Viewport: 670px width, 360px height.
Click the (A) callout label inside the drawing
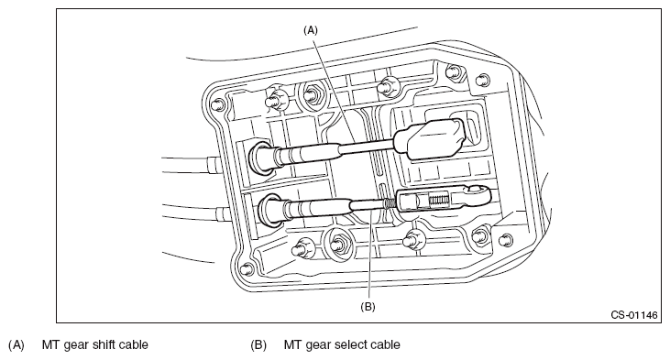click(311, 30)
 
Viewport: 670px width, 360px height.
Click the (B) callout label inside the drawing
click(368, 307)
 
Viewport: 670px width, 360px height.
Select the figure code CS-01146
click(633, 315)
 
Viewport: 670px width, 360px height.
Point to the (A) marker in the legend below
click(16, 344)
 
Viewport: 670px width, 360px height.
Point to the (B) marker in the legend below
click(258, 344)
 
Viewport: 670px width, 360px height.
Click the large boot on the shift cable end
click(430, 138)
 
